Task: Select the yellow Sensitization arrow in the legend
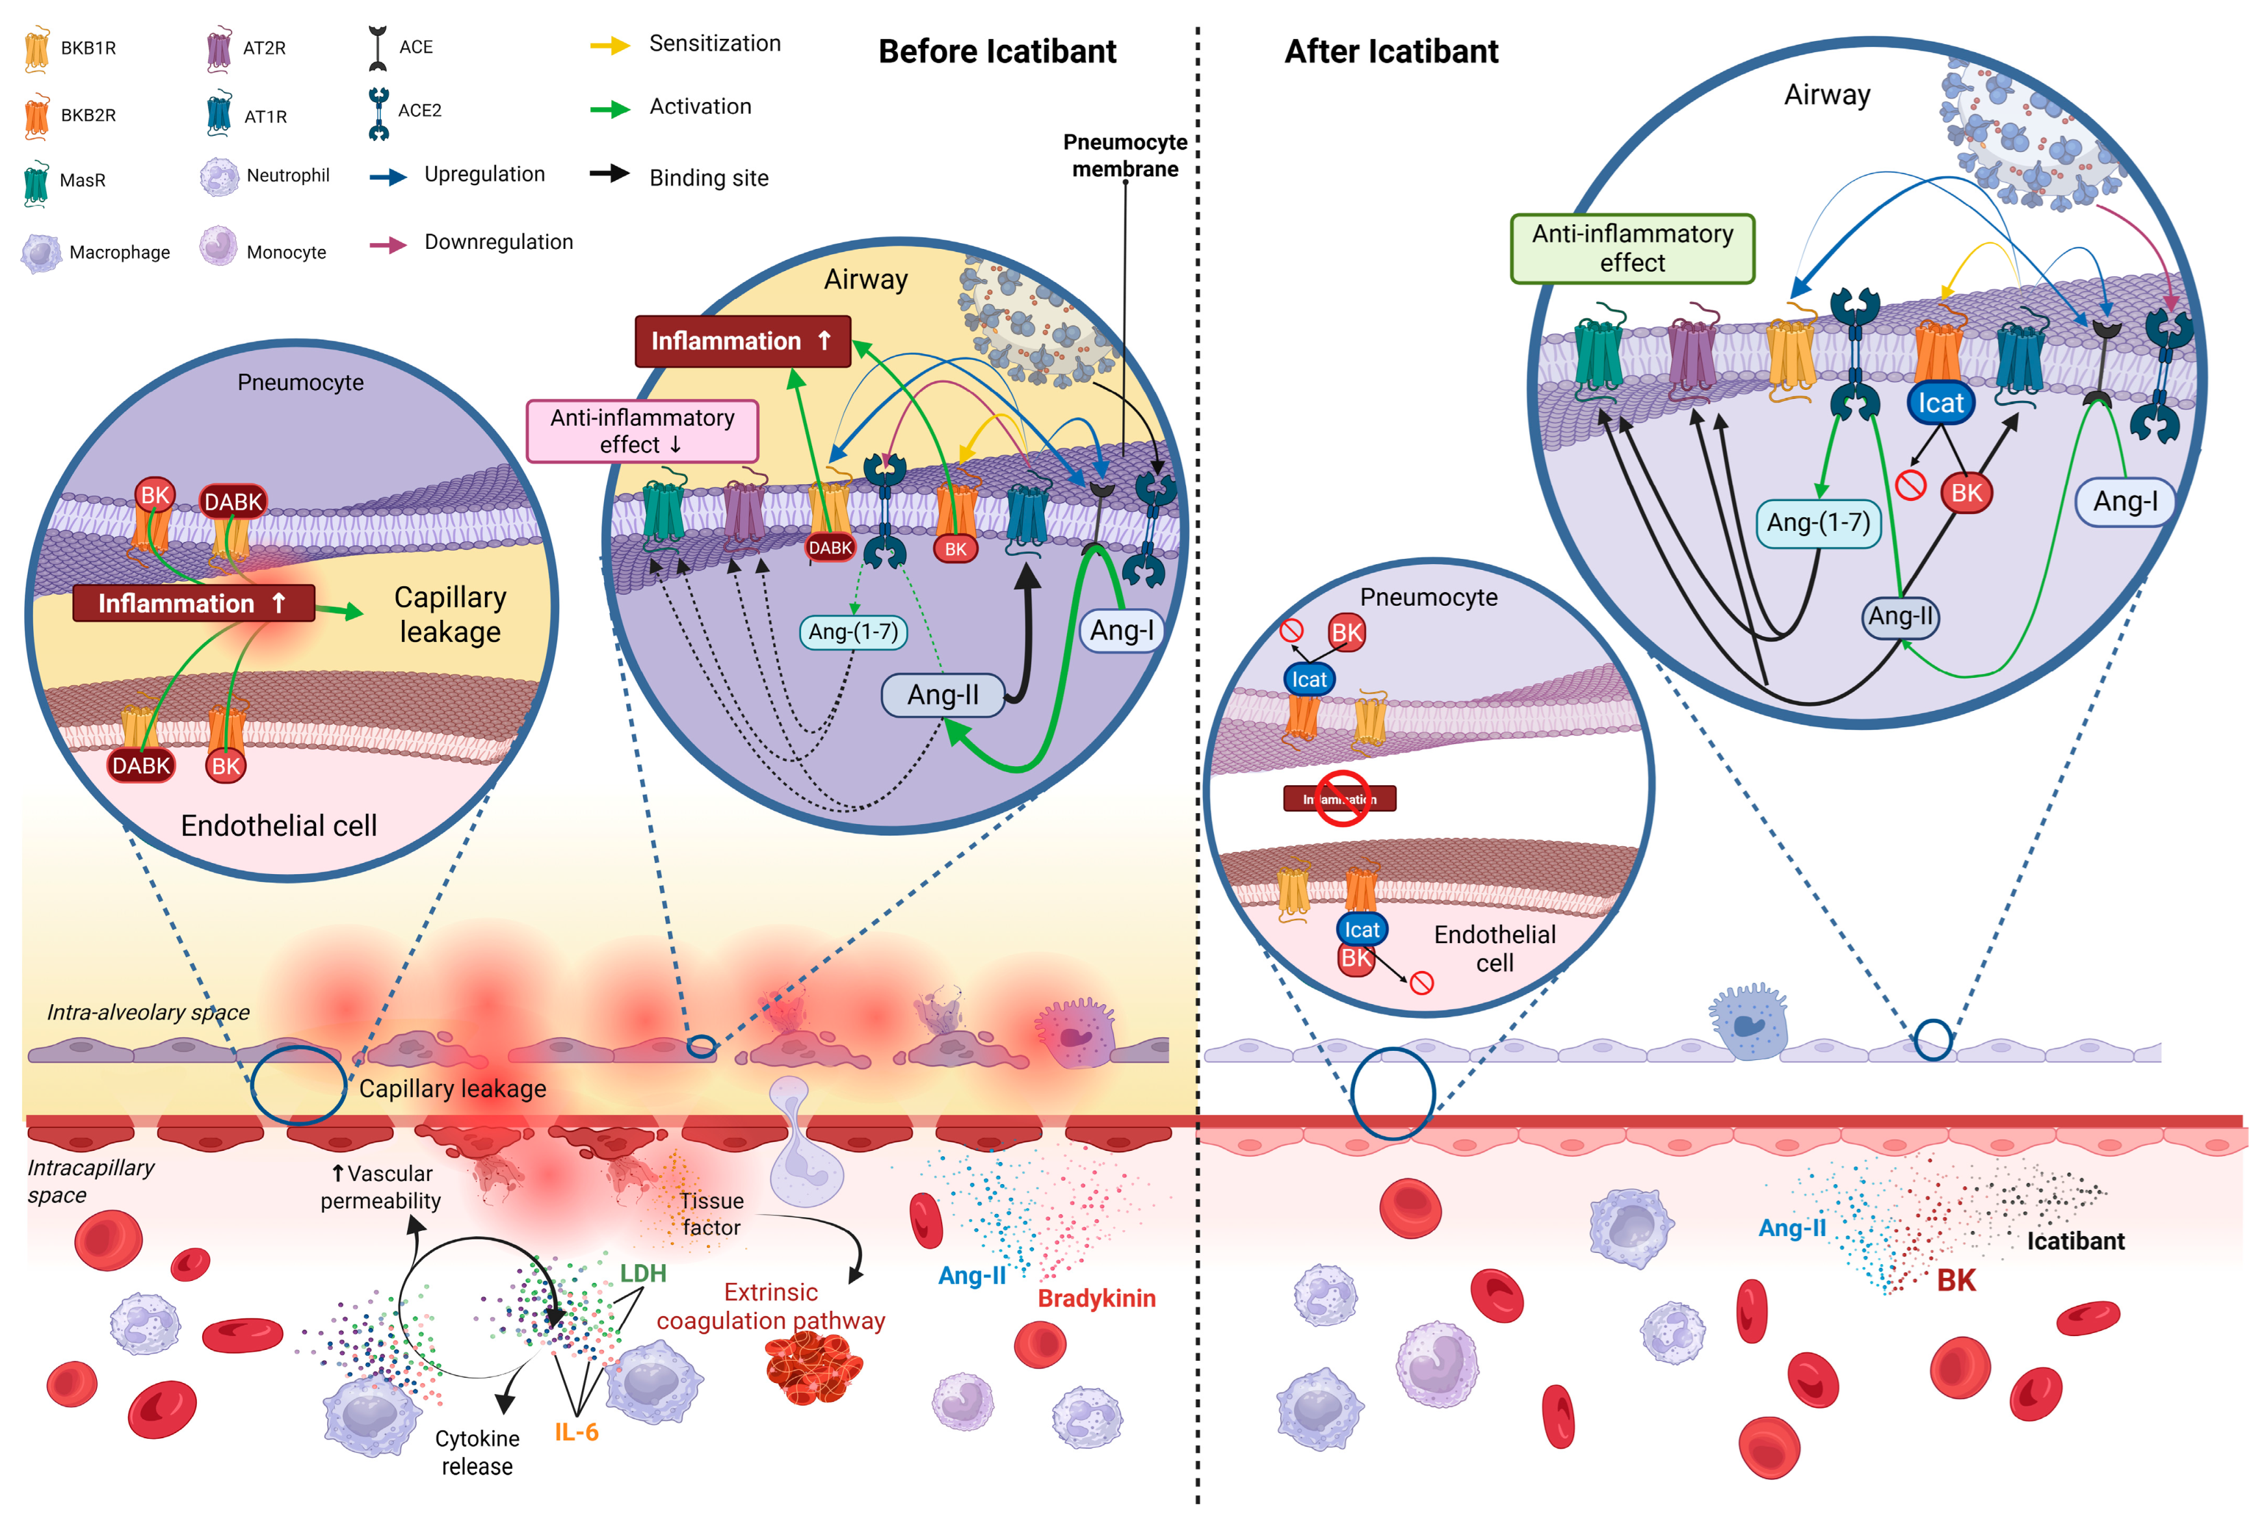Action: pyautogui.click(x=609, y=45)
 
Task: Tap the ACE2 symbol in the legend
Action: pyautogui.click(x=378, y=112)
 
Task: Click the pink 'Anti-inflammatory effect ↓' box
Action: pyautogui.click(x=642, y=431)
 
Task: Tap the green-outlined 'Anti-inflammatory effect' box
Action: pyautogui.click(x=1631, y=249)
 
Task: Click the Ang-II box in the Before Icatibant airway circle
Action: pyautogui.click(x=942, y=695)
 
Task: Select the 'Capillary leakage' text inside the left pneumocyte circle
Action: pyautogui.click(x=449, y=614)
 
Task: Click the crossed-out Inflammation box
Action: pyautogui.click(x=1339, y=799)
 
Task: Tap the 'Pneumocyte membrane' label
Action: pyautogui.click(x=1125, y=155)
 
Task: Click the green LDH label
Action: pyautogui.click(x=642, y=1273)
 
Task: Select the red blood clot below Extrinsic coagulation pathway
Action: pyautogui.click(x=813, y=1369)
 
